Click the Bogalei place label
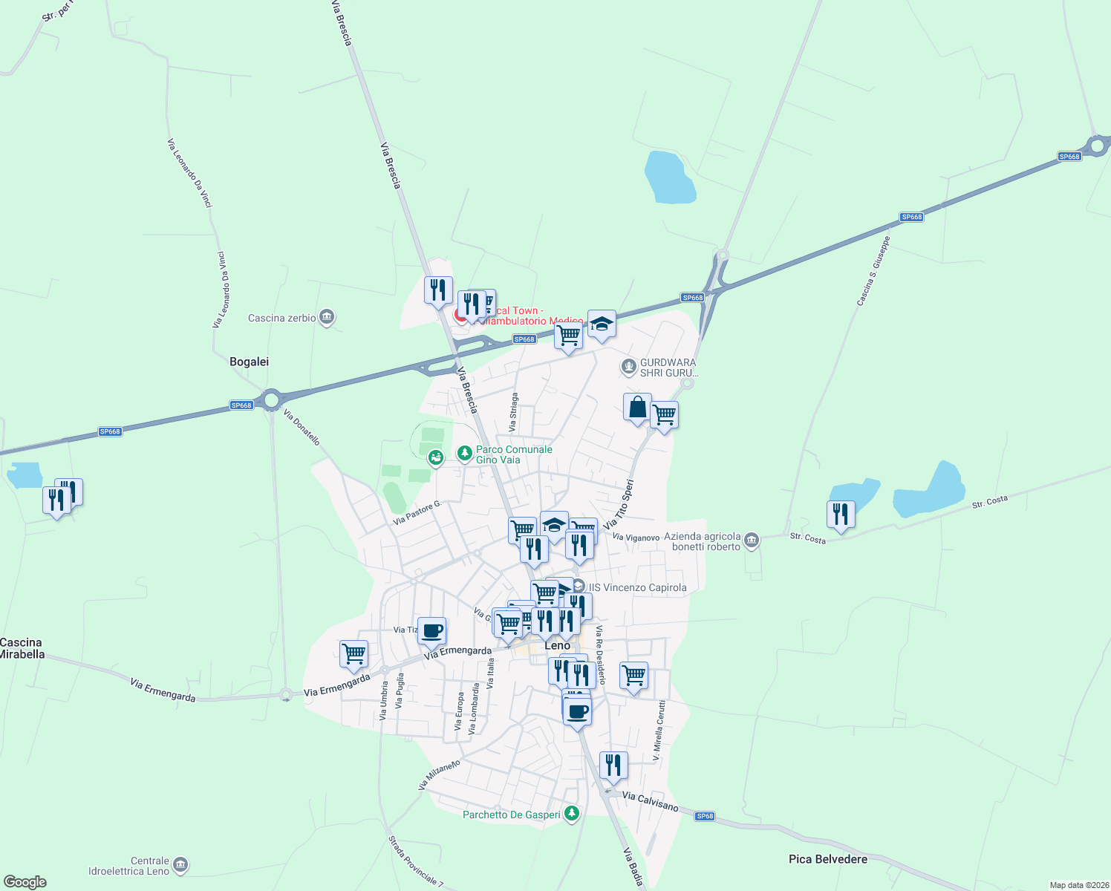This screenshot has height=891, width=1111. coord(249,362)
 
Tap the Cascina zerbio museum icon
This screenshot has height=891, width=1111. coord(327,318)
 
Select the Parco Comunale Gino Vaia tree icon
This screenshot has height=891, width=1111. coord(465,453)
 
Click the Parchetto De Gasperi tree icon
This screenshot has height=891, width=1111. coord(571,814)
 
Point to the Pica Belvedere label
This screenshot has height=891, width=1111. coord(828,859)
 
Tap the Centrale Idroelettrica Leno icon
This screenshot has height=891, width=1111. coord(180,865)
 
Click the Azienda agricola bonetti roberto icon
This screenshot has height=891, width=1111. coord(752,541)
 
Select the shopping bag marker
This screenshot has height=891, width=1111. coord(637,408)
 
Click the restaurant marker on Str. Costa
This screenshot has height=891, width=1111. coord(841,514)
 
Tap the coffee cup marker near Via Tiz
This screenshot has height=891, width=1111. coord(432,632)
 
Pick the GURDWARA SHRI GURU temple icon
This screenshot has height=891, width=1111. coord(629,366)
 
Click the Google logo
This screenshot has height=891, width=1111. coord(25,882)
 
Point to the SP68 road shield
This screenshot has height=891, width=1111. coord(705,816)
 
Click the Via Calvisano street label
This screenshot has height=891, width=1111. coord(650,801)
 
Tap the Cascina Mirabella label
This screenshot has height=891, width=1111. coord(22,648)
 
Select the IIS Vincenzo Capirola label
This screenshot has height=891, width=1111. coord(637,587)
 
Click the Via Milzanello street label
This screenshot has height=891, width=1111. coord(439,774)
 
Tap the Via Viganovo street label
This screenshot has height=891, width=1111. coord(636,537)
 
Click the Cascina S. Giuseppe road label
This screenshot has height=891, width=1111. coord(873,271)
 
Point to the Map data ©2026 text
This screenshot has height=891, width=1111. coord(1078,885)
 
